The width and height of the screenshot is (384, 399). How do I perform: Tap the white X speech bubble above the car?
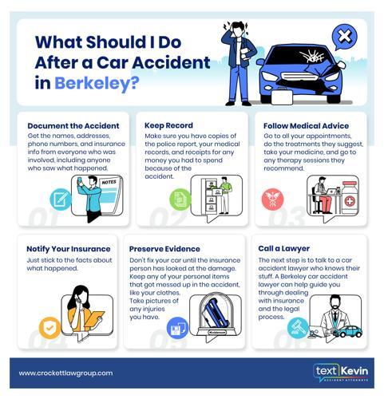click(x=344, y=37)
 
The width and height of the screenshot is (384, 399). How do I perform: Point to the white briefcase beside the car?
click(x=282, y=97)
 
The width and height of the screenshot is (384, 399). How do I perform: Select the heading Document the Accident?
click(x=73, y=126)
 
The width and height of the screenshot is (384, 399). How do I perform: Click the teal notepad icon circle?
click(x=61, y=199)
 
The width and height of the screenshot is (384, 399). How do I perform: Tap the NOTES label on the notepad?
click(x=109, y=182)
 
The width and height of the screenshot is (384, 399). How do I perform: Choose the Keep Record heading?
click(x=168, y=125)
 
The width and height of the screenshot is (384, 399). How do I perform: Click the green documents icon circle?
click(x=180, y=199)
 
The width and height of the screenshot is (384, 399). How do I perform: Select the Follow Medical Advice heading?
click(x=306, y=126)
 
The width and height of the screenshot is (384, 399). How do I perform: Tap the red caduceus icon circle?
click(x=272, y=199)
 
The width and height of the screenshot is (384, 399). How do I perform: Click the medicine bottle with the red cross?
click(x=350, y=198)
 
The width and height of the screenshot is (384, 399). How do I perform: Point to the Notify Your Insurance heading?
click(x=69, y=249)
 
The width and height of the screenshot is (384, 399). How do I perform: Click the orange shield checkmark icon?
click(x=49, y=327)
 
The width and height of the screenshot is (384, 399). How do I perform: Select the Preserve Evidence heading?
click(x=164, y=249)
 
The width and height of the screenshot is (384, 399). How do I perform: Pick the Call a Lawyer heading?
click(x=284, y=248)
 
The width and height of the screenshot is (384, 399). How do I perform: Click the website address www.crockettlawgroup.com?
click(x=65, y=373)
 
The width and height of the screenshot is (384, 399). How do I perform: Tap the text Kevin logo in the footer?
click(x=341, y=372)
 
